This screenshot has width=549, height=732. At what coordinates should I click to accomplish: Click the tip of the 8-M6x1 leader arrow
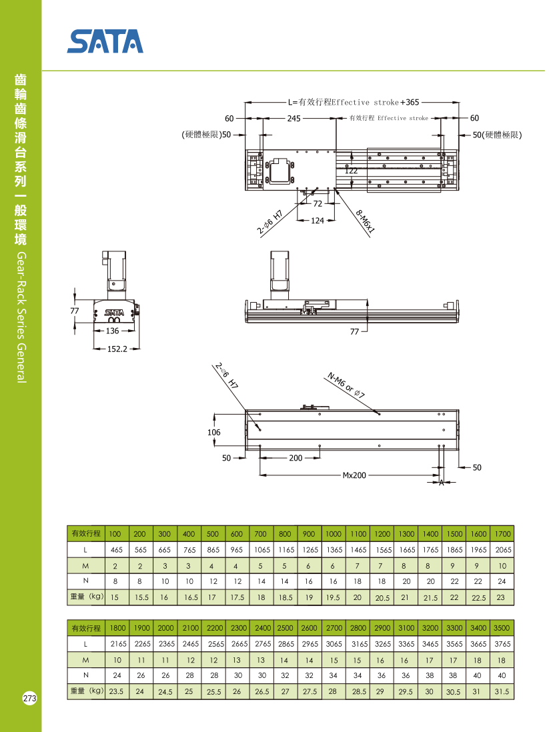point(335,188)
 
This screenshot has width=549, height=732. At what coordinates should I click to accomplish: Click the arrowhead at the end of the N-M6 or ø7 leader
point(379,413)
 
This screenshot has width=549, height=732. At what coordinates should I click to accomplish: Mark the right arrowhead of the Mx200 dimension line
point(439,475)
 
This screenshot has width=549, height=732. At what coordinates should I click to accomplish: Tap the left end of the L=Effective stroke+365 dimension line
point(245,102)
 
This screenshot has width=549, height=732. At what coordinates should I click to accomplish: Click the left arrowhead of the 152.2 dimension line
point(94,349)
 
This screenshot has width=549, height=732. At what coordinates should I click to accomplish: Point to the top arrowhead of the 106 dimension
point(214,413)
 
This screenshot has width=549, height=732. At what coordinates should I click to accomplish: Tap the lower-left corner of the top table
point(67,605)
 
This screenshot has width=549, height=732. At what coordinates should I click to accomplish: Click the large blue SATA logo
point(105,41)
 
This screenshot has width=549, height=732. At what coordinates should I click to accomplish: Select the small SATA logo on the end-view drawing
point(114,312)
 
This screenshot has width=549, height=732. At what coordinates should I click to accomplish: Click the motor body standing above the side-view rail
point(280,275)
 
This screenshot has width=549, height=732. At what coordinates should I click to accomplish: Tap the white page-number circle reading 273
point(29,699)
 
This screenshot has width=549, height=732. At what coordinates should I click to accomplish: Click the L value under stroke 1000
point(334,550)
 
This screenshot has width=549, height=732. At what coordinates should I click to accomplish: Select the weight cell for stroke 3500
point(502,691)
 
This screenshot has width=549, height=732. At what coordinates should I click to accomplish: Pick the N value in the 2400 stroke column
point(262,675)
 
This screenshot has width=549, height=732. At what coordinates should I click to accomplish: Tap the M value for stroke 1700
point(502,566)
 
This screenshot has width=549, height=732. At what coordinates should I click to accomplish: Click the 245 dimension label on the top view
point(294,119)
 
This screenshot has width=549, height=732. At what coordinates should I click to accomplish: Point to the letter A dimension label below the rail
point(442,483)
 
